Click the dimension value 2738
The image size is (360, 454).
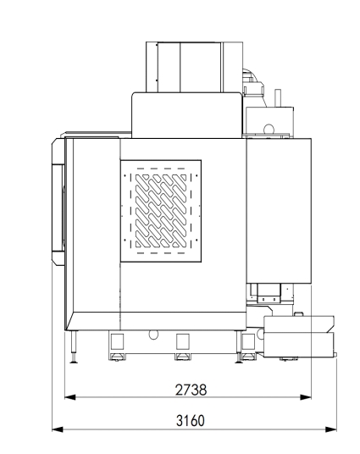[191, 390]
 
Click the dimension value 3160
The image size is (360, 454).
[191, 421]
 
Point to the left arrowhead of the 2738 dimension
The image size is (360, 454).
[69, 397]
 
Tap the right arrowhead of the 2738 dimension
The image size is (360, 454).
[306, 397]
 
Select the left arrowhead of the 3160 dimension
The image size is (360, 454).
[58, 429]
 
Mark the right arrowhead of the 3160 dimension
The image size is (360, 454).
[331, 429]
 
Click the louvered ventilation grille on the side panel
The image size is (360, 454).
[161, 211]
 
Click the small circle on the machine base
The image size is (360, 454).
[153, 335]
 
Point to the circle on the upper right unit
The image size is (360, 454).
[269, 129]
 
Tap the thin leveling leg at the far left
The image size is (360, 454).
[74, 346]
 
